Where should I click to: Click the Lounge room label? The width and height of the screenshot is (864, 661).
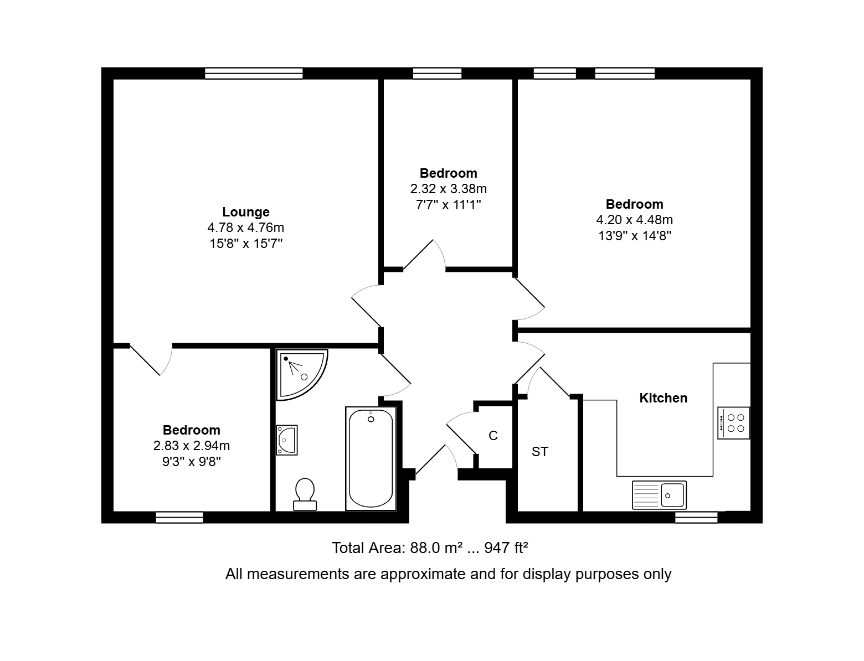coord(245,212)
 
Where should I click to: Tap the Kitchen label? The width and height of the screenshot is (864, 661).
coord(664,398)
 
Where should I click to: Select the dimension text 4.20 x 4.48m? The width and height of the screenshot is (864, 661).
coord(635,220)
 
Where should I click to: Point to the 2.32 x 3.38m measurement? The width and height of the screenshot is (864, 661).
coord(448,189)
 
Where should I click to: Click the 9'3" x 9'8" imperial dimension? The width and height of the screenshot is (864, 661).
coord(191,462)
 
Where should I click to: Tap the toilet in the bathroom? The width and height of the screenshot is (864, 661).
coord(305,494)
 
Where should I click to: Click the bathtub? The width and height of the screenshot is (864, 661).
coord(371,459)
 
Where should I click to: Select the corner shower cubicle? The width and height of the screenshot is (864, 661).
coord(301,374)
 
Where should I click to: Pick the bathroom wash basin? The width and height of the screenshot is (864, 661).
coord(286,440)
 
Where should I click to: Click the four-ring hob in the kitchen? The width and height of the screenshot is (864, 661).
coord(733,423)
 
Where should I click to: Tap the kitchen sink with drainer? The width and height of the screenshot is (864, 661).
coord(659,495)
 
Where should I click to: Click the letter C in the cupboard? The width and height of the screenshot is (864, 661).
coord(493,436)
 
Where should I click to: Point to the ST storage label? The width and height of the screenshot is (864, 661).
coord(539,452)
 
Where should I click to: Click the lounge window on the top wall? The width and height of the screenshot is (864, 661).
coord(254,74)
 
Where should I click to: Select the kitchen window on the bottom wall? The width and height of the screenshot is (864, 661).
coord(696,518)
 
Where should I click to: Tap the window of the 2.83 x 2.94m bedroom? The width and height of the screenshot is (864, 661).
coord(179,518)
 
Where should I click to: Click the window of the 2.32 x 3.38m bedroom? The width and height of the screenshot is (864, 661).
coord(437,74)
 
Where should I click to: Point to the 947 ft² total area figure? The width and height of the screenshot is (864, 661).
coord(506,548)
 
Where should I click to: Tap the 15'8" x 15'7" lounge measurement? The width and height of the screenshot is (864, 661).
coord(246,244)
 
